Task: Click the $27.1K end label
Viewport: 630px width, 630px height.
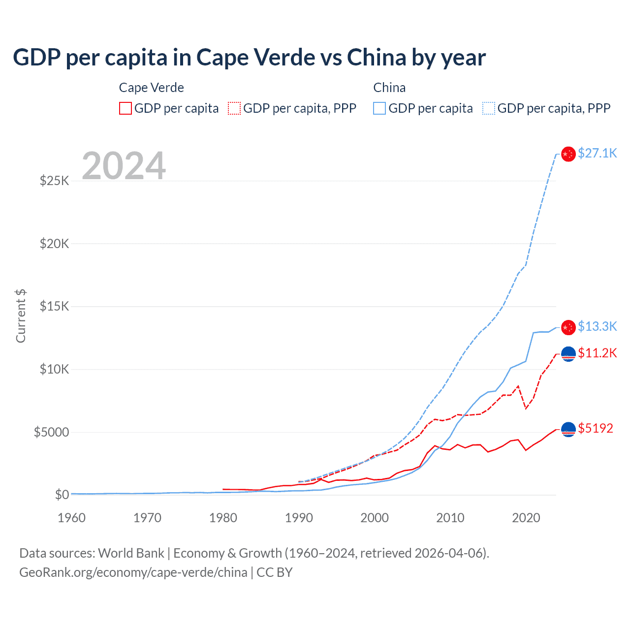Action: coord(597,153)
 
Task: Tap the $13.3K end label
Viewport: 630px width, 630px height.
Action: coord(597,326)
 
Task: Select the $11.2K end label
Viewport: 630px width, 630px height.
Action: coord(597,353)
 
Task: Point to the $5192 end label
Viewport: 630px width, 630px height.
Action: coord(596,428)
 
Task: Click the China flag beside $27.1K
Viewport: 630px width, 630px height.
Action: coord(568,154)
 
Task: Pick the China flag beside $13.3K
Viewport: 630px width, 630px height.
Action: coord(568,327)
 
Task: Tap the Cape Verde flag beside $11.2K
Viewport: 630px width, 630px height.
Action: coord(568,354)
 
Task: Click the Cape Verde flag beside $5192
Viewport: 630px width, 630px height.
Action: coord(568,429)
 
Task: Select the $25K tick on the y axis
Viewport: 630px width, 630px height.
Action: coord(55,181)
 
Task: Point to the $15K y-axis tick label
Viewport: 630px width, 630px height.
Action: coord(55,306)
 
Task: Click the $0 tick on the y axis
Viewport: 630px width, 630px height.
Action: coord(62,495)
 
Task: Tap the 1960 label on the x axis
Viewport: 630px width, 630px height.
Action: coord(72,518)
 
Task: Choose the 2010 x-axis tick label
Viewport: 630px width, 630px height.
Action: coord(450,518)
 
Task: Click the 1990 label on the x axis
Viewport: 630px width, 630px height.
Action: coord(299,518)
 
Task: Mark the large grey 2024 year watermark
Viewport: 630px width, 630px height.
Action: coord(124,166)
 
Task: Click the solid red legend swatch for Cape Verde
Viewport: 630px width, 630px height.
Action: coord(126,108)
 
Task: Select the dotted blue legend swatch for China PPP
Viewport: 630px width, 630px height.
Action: coord(489,108)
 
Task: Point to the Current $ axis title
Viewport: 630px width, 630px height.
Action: coord(21,315)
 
